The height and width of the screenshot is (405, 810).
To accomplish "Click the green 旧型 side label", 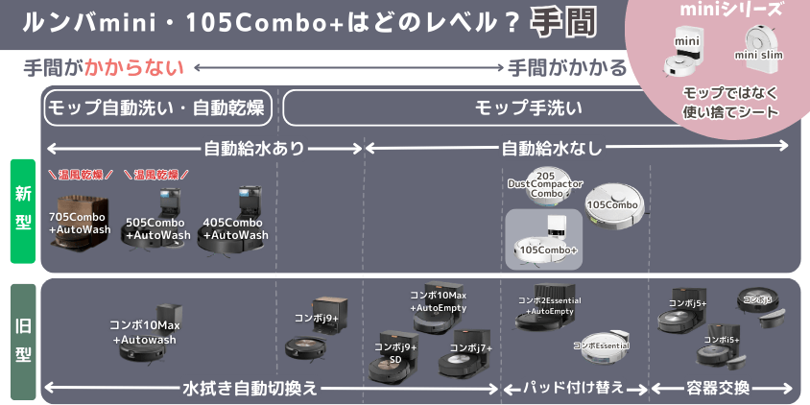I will [22, 340].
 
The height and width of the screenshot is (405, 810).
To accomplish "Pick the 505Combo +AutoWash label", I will [157, 228].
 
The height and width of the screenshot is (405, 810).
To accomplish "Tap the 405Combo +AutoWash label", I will [235, 228].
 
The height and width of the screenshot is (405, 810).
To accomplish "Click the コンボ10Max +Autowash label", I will [145, 332].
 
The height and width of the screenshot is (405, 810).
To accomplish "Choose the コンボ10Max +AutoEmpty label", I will [438, 301].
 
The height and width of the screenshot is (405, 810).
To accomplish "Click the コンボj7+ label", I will [470, 347].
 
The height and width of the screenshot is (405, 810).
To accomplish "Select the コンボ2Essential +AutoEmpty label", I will [550, 305].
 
